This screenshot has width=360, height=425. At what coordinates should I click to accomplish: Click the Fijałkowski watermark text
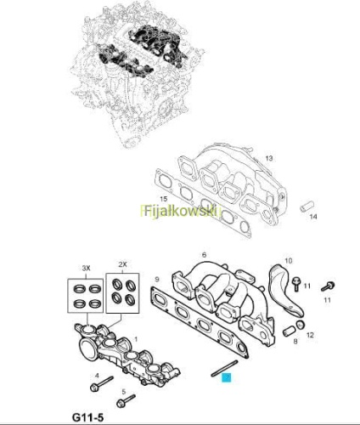(x=182, y=212)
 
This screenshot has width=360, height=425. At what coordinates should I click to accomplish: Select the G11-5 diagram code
(x=88, y=417)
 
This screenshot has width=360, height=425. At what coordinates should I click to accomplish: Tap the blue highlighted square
(x=227, y=377)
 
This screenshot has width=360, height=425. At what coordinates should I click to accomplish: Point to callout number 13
(x=269, y=158)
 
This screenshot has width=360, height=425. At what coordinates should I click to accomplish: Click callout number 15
(x=164, y=199)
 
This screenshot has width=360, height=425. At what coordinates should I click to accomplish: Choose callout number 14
(x=313, y=217)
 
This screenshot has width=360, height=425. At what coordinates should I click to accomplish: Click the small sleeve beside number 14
(x=307, y=206)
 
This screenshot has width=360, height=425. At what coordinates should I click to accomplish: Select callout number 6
(x=205, y=255)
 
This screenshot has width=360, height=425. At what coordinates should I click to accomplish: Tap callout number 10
(x=289, y=260)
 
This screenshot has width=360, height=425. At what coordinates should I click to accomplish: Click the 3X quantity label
(x=86, y=268)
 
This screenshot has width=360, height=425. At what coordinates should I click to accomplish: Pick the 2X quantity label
(x=122, y=264)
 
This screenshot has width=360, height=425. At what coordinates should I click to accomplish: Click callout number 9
(x=157, y=280)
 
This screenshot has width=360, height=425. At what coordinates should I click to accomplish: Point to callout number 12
(x=310, y=335)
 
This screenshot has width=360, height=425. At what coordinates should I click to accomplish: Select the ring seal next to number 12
(x=301, y=325)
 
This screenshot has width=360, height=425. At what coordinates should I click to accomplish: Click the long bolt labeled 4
(x=102, y=384)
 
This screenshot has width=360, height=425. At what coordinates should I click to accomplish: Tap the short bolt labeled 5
(x=126, y=400)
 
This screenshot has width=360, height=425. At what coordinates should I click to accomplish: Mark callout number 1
(x=136, y=339)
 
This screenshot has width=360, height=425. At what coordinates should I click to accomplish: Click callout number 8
(x=295, y=341)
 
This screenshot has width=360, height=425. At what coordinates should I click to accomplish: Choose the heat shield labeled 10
(x=285, y=291)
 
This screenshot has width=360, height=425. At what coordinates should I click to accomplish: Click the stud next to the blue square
(x=225, y=367)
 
